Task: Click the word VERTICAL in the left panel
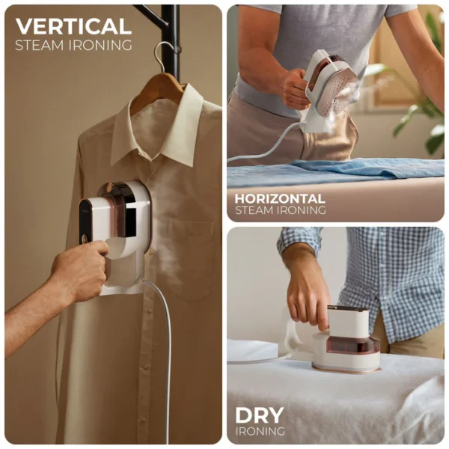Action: [73, 26]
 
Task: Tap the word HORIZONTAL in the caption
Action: [280, 199]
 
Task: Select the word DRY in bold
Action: [260, 415]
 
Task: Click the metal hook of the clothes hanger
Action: [164, 57]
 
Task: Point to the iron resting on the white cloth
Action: [340, 340]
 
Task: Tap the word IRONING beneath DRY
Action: [260, 431]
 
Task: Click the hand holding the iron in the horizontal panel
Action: [295, 89]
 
